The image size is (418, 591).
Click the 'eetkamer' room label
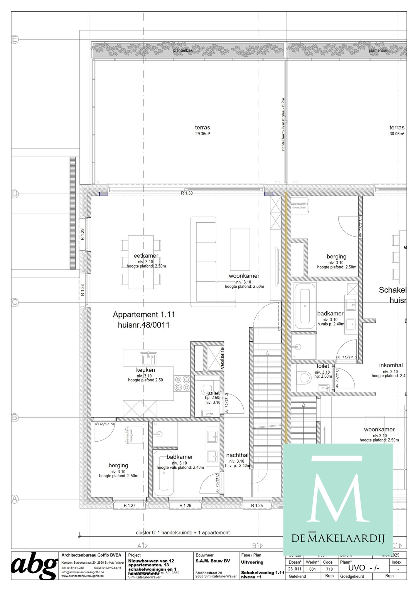point(146,256)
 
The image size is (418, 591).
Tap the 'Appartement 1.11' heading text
point(144,315)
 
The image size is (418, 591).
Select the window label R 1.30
point(187,193)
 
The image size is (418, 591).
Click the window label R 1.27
point(129,505)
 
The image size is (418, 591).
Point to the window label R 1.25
point(257,505)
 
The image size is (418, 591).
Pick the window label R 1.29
point(83,234)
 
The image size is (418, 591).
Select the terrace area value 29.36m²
point(202,134)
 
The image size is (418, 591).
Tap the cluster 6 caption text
point(183,532)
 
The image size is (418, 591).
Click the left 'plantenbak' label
point(183,50)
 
